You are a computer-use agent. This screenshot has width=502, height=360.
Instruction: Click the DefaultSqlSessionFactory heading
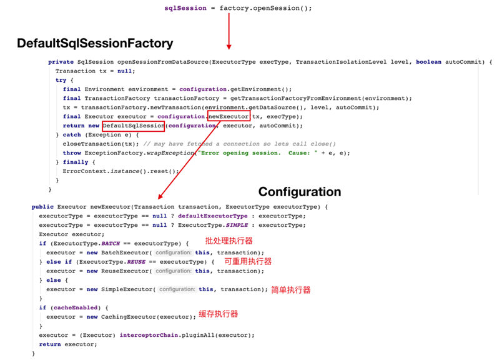[x=95, y=43]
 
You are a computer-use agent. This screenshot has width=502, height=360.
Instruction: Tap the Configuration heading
[x=300, y=192]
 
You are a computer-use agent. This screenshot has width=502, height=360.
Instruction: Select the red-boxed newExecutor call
[x=229, y=116]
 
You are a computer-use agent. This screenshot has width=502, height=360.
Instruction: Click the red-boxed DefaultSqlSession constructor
[x=134, y=126]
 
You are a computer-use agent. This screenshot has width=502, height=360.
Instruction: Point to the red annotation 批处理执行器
[x=229, y=241]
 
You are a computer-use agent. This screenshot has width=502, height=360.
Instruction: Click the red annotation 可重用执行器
[x=248, y=262]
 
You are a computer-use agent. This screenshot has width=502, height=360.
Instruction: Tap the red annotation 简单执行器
[x=291, y=290]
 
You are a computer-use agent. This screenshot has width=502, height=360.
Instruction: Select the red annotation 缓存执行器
[x=219, y=314]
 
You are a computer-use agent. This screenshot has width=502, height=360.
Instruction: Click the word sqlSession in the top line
[x=185, y=8]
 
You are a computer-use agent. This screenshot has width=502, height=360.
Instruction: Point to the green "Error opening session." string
[x=239, y=153]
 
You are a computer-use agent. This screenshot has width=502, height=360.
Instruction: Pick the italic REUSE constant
[x=136, y=262]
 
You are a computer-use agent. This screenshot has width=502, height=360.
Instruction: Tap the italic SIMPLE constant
[x=237, y=225]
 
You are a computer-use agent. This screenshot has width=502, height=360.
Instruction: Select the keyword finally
[x=76, y=162]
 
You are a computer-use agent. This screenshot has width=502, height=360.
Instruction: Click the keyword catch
[x=72, y=134]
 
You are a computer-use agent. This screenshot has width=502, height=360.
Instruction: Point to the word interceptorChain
[x=149, y=335]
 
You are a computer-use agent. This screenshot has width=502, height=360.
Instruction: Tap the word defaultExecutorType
[x=213, y=216]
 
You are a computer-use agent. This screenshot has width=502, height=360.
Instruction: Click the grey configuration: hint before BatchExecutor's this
[x=173, y=252]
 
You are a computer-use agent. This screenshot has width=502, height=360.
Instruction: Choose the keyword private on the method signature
[x=61, y=62]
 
